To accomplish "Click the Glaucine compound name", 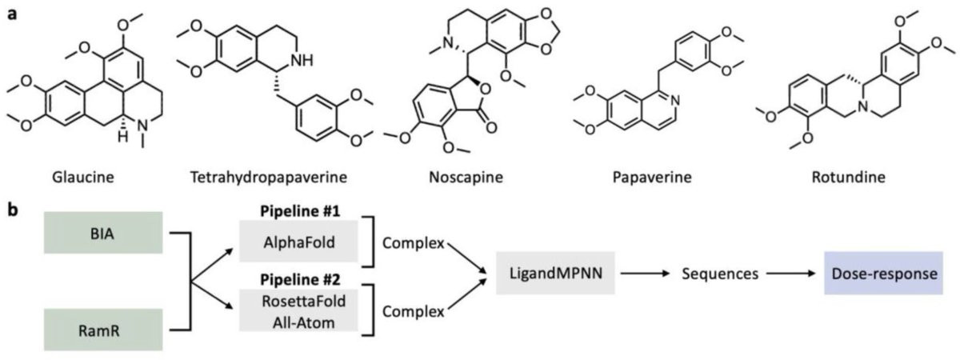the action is click(83, 177).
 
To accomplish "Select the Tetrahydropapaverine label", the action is click(269, 177).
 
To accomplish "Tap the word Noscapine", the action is click(466, 177).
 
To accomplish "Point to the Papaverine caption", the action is click(652, 177).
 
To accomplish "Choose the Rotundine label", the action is click(849, 177).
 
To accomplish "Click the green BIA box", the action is click(103, 233).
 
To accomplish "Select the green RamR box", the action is click(103, 330).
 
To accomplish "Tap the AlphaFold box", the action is click(298, 242).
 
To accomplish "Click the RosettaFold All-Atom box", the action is click(298, 310).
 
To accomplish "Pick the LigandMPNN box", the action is click(555, 273).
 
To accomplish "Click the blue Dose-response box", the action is click(884, 273).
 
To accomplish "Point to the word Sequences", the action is click(720, 274).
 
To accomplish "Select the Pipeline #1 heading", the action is click(300, 211).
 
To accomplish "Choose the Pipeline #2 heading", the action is click(300, 280).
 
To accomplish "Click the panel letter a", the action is click(14, 14).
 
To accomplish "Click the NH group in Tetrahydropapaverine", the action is click(302, 61).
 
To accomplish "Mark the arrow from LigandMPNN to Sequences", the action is click(645, 274).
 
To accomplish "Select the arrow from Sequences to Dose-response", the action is click(791, 274).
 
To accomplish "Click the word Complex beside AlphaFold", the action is click(413, 243).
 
